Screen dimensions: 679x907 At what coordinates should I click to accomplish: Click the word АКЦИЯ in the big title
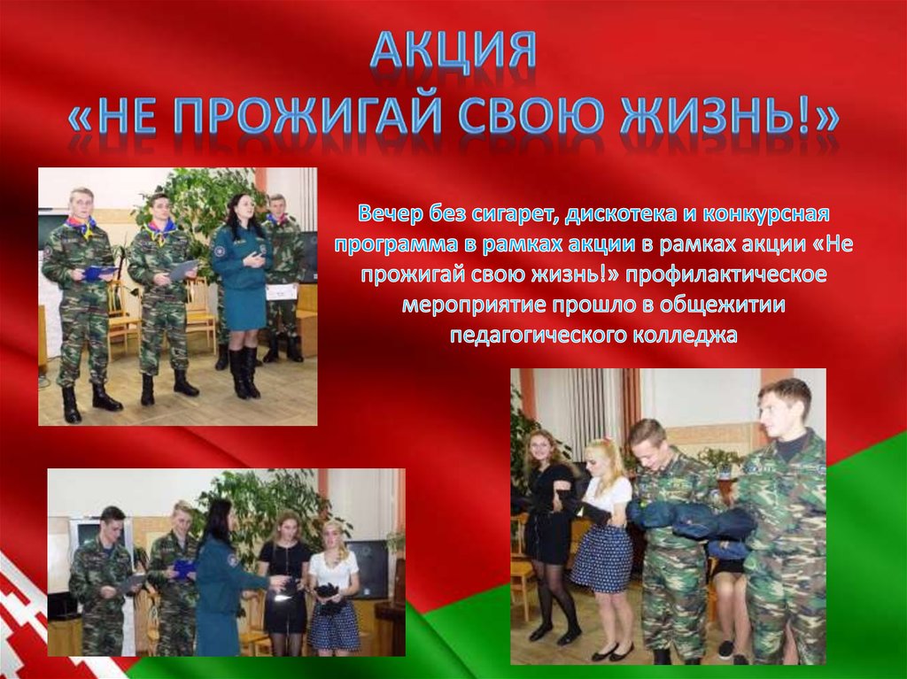coord(453,52)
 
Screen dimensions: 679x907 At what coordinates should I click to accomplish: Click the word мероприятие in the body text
coord(473,305)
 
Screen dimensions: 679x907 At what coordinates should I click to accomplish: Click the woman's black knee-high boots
coord(244,371)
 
